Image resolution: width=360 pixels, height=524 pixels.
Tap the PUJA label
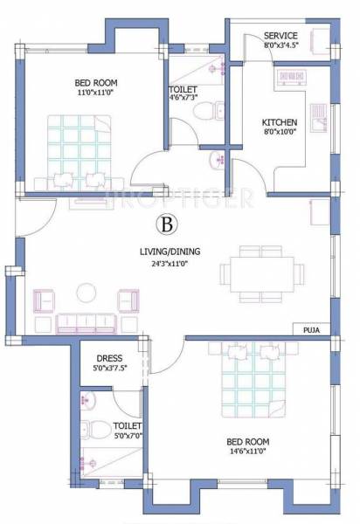[312, 329]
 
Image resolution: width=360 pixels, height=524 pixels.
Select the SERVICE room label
[281, 36]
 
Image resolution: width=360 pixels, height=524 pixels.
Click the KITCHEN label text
[280, 122]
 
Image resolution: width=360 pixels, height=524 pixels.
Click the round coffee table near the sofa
[86, 292]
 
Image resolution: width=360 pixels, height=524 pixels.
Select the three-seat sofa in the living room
[86, 323]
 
